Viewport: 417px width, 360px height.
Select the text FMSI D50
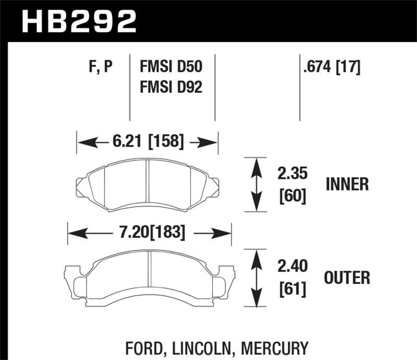(x=170, y=67)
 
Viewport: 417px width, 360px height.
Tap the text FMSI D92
(x=170, y=86)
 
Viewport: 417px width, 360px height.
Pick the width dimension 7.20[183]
(x=149, y=233)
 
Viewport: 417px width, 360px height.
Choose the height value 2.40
(x=290, y=267)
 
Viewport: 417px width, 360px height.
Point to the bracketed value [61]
(x=290, y=288)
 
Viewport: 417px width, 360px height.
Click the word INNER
(x=347, y=184)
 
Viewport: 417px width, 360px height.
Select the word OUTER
(x=347, y=278)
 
